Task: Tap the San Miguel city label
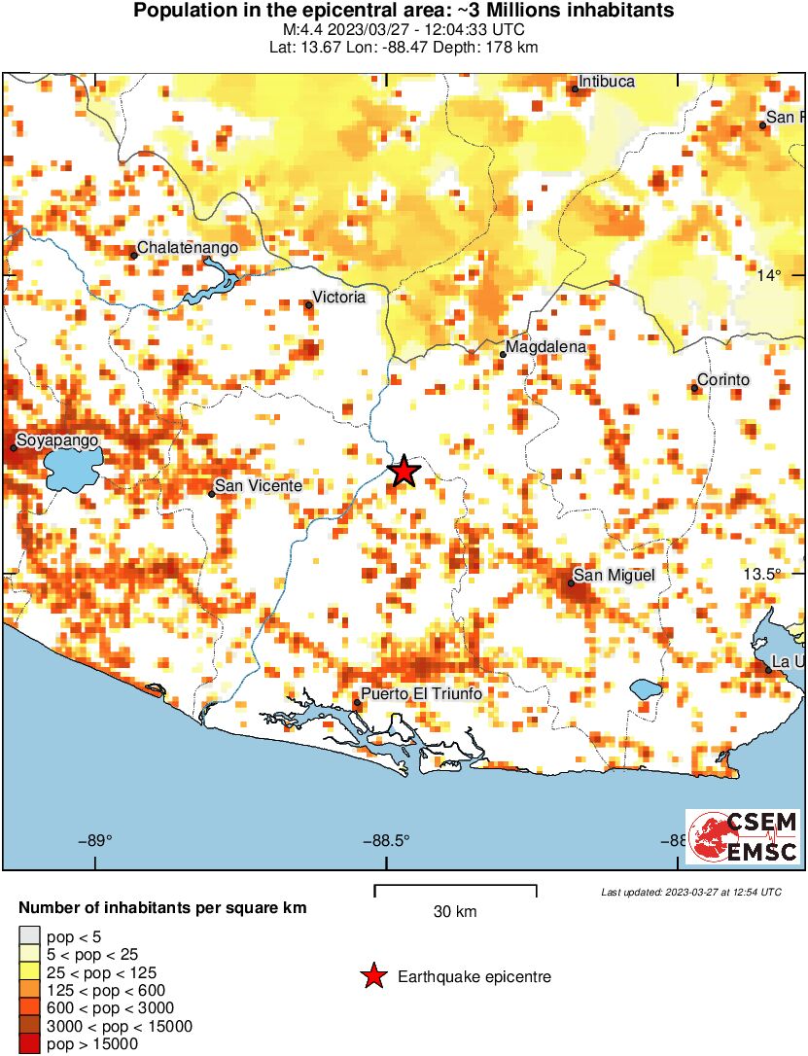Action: point(614,576)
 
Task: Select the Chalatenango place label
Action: point(188,248)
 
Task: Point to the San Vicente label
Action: point(258,485)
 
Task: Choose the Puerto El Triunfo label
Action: point(421,694)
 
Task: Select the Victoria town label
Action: point(338,297)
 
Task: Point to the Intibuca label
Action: point(607,82)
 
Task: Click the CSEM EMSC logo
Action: point(743,836)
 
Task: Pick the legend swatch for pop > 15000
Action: point(29,1043)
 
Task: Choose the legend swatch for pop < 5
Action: point(29,936)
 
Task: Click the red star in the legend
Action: point(372,977)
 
